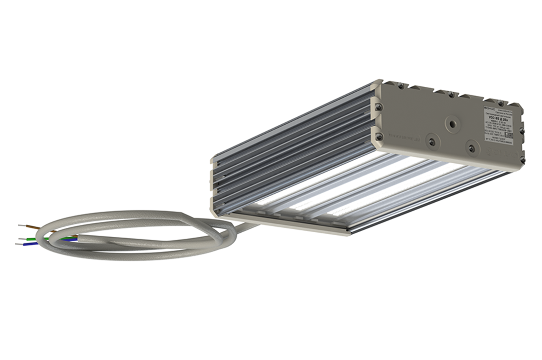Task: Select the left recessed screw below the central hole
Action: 432,142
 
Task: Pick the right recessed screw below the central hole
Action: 472,148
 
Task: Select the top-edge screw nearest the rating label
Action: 501,103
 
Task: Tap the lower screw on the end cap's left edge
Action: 378,136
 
